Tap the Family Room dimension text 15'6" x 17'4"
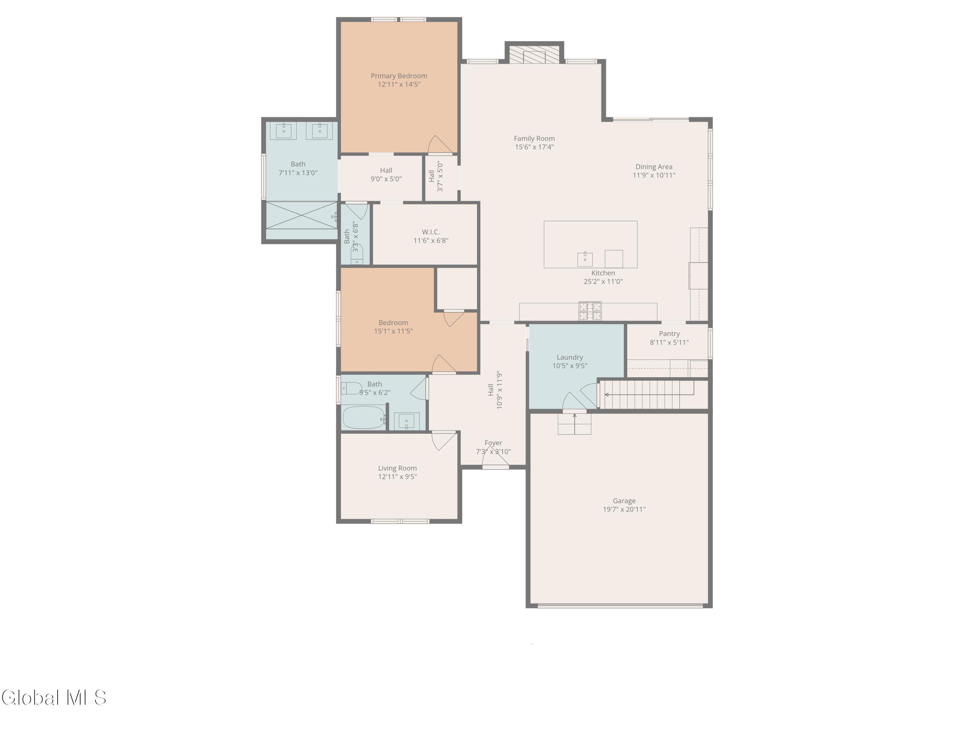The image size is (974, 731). pos(534,147)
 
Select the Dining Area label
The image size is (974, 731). pos(654,167)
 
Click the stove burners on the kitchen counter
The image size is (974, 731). pos(590,311)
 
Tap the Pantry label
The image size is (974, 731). pos(669,334)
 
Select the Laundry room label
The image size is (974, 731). pos(570,357)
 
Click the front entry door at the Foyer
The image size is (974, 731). pos(495,458)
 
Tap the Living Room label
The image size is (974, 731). pos(397,468)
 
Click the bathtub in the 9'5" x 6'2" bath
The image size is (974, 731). pos(363,417)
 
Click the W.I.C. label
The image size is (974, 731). pos(431,232)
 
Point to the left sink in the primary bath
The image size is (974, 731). pos(283,131)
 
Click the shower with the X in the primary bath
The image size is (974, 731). pos(301,215)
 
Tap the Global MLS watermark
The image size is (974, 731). pos(54,698)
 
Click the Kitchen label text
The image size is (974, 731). pos(603,273)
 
